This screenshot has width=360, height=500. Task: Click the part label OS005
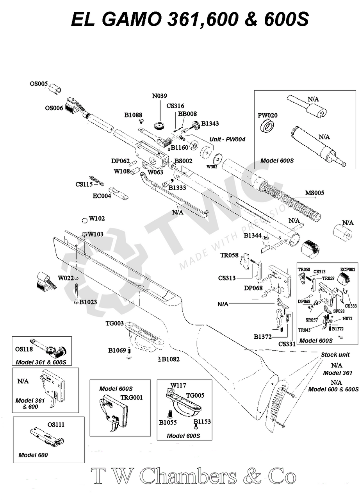click(39, 84)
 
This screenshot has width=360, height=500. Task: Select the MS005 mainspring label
click(314, 193)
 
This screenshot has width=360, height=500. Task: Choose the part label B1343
click(210, 123)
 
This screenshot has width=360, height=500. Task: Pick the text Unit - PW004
click(228, 139)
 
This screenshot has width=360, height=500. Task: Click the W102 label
click(96, 218)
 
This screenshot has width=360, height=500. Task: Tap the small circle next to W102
click(84, 221)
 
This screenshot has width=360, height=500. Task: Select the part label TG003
click(114, 323)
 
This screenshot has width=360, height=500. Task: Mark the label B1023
click(88, 302)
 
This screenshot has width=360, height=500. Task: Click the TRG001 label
click(132, 398)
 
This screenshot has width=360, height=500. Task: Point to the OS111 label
click(56, 425)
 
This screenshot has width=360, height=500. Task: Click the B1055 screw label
click(168, 422)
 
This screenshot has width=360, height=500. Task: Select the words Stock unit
click(335, 355)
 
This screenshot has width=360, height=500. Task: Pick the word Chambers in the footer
click(188, 477)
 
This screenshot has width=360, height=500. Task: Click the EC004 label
click(101, 196)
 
